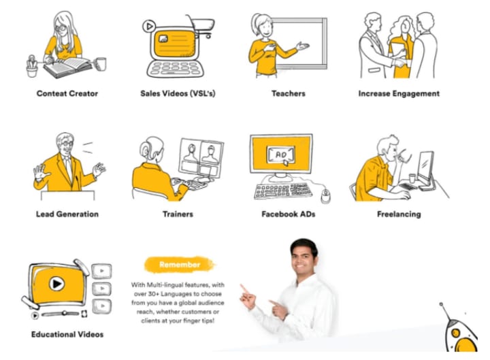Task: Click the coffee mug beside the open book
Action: (100, 64)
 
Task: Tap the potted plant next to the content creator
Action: (32, 66)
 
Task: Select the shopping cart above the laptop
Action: (201, 26)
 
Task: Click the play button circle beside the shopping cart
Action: (149, 27)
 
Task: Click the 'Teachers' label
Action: (288, 93)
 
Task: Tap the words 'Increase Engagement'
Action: (399, 93)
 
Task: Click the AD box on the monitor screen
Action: (280, 154)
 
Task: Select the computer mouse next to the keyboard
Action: (325, 196)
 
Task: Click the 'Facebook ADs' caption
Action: (288, 214)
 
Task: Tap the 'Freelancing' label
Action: (399, 214)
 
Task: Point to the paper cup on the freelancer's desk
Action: (412, 178)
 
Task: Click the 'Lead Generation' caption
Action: (67, 214)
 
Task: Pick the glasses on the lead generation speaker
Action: (67, 144)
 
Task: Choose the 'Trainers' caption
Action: (178, 214)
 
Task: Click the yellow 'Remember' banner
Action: (180, 265)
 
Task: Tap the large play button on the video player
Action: (56, 284)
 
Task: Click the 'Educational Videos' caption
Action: (67, 334)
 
